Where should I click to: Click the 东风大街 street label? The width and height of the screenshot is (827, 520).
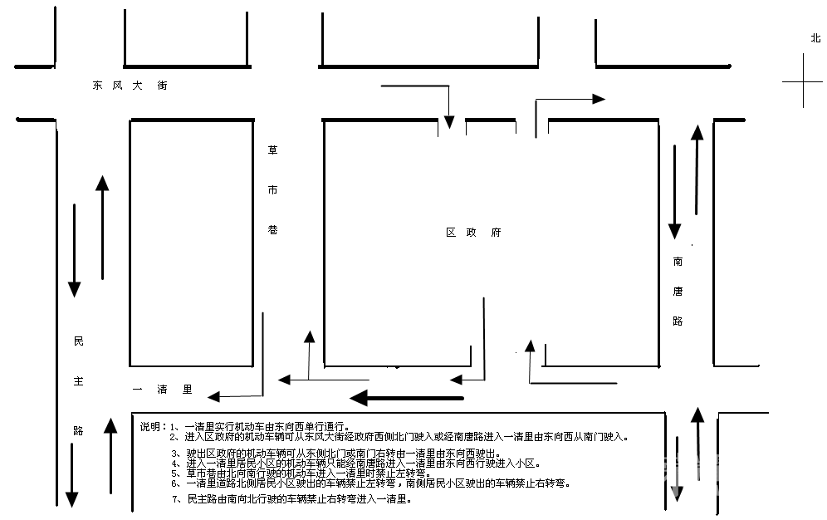(x=130, y=85)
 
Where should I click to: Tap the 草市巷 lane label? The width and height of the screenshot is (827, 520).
(x=272, y=190)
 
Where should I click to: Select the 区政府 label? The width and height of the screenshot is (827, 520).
(x=473, y=232)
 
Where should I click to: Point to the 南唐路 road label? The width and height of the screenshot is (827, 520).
(x=678, y=291)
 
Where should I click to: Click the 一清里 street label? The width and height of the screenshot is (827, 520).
(x=163, y=390)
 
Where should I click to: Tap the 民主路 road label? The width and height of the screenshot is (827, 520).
(x=79, y=385)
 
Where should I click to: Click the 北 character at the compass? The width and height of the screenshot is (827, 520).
(x=815, y=38)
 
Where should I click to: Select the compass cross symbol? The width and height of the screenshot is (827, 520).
(x=803, y=81)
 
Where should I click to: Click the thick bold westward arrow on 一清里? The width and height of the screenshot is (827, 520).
(x=407, y=398)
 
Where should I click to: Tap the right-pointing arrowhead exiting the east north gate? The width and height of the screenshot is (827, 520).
(x=599, y=99)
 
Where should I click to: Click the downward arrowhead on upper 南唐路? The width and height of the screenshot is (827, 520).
(x=674, y=231)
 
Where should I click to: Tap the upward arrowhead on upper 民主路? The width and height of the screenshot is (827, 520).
(x=102, y=183)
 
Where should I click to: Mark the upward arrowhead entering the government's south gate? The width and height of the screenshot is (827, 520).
(x=530, y=346)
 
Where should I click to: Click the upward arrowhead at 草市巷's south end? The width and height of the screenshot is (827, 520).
(x=310, y=337)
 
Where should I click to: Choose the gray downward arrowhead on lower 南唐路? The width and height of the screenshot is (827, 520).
(x=677, y=493)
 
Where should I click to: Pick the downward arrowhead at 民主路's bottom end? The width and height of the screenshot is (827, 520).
(x=71, y=499)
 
